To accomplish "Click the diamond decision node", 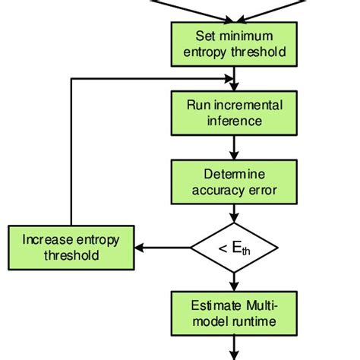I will point(233,247).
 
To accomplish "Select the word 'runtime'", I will point(253,321).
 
